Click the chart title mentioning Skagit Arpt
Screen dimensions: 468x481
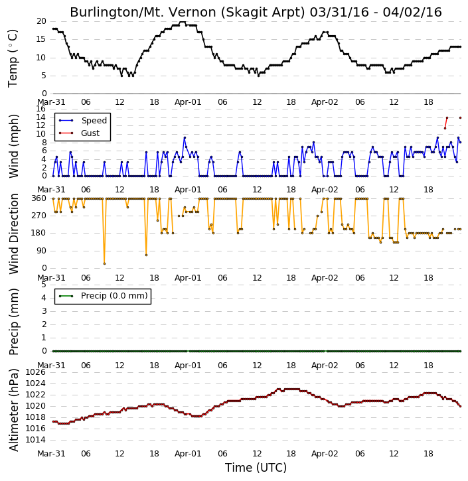coord(256,12)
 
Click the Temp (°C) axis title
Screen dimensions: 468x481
coord(13,58)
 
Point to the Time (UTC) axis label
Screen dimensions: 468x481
coord(256,468)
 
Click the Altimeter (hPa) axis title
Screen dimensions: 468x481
coord(14,410)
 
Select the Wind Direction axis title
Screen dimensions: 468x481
coord(14,234)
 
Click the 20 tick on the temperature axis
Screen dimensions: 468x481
coord(41,21)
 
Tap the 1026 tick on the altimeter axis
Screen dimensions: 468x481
coord(35,372)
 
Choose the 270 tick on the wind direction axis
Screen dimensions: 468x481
coord(39,216)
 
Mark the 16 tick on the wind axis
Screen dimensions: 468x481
coord(40,109)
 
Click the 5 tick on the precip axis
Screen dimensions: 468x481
coord(44,285)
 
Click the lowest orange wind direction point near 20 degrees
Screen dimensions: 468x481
coord(105,263)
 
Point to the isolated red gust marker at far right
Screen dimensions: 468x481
coord(460,118)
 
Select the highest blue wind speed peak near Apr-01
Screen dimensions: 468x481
coord(185,138)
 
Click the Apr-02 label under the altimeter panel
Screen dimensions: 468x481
coord(325,453)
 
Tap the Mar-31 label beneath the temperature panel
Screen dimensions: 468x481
coord(51,102)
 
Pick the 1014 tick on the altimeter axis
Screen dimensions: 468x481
coord(35,440)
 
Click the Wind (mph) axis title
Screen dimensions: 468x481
coord(14,146)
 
